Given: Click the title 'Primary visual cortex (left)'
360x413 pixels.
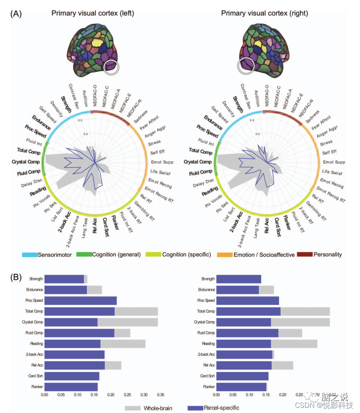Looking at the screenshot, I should click(92, 13).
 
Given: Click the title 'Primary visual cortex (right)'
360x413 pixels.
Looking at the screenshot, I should click(265, 13).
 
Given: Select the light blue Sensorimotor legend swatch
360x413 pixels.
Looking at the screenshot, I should click(30, 255).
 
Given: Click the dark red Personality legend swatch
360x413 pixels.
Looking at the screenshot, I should click(304, 255).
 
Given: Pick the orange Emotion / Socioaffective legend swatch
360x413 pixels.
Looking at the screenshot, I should click(224, 255).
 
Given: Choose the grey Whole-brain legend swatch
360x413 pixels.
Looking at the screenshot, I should click(133, 408).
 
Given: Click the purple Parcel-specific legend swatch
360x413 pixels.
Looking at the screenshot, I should click(195, 408).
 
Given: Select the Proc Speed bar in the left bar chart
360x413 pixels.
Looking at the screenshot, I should click(80, 300).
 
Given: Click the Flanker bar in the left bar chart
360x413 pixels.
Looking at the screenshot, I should click(71, 387).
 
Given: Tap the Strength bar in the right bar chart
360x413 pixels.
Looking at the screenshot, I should click(238, 279).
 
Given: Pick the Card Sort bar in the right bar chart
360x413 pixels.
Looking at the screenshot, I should click(242, 376).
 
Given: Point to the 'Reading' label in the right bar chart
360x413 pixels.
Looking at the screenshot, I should click(208, 344).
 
